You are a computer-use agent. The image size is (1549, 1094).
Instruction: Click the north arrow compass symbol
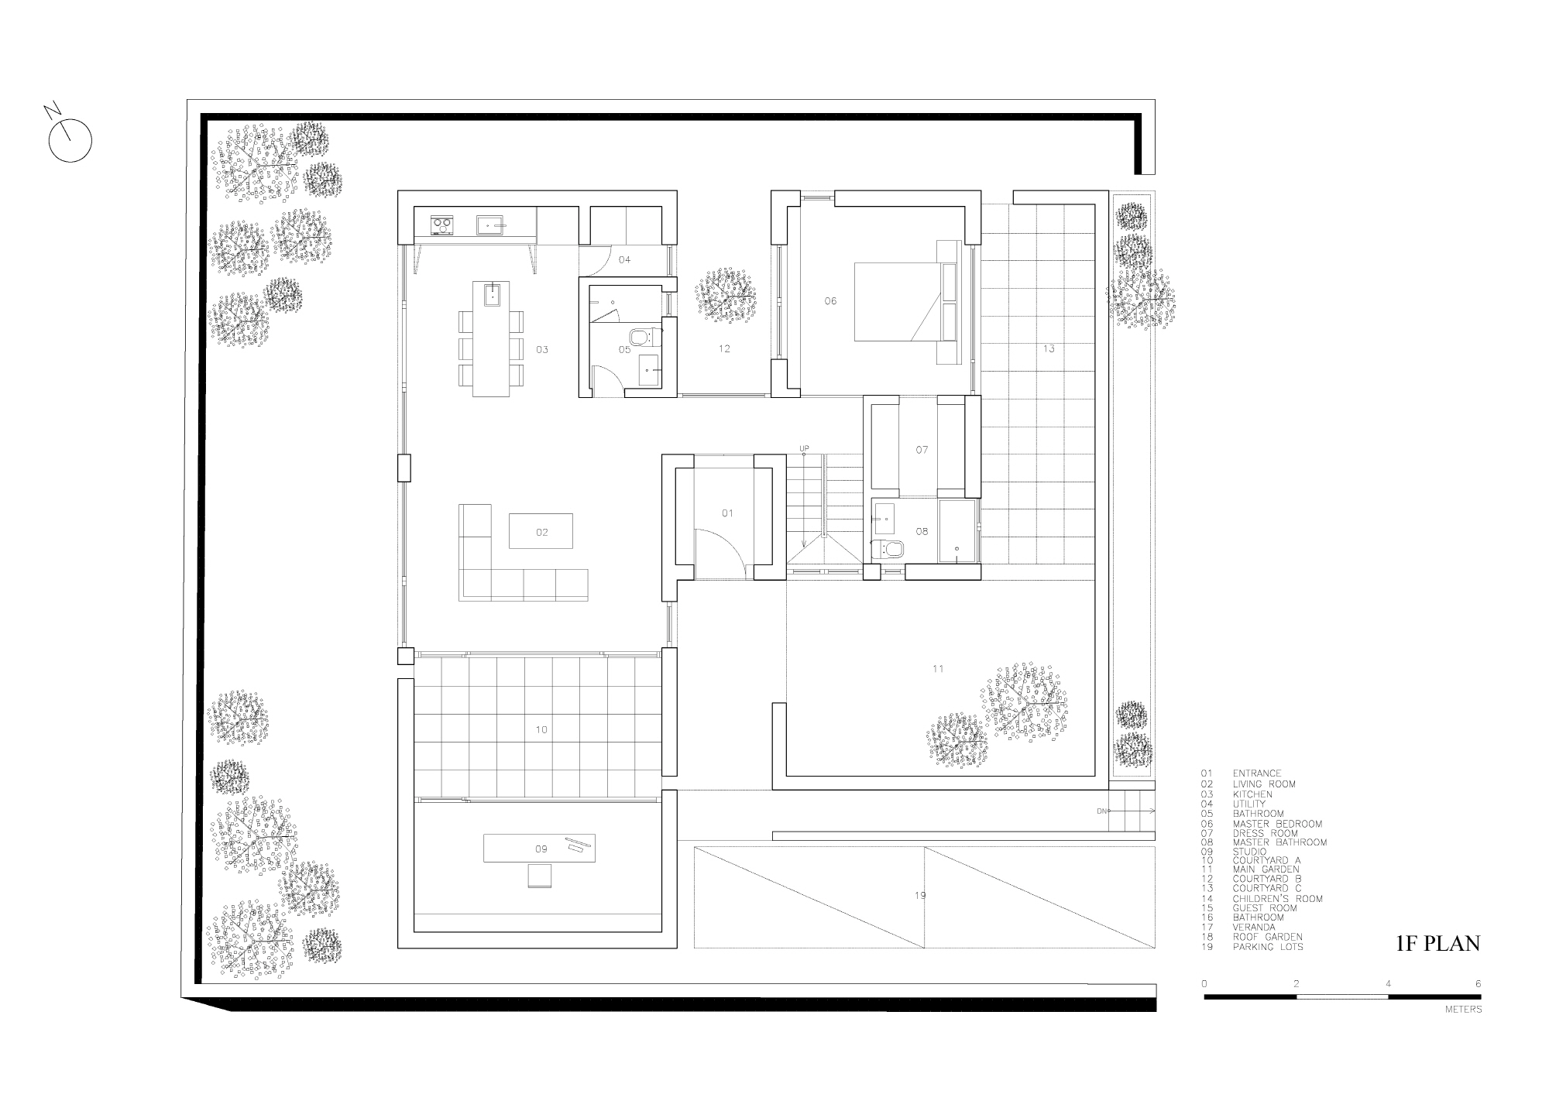70,142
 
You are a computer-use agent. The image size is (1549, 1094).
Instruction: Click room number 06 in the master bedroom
830,301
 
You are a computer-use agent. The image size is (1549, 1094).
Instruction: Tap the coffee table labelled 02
541,531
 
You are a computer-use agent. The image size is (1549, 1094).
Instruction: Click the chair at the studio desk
541,876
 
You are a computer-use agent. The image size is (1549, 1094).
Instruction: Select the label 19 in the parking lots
920,896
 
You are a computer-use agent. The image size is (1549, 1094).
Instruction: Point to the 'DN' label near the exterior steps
1101,811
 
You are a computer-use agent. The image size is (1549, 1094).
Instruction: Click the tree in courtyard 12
725,295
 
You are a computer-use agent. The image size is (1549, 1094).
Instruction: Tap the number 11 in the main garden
938,669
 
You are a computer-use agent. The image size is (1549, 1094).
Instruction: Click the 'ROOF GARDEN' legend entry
1268,937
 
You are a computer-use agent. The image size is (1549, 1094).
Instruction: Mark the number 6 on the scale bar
1478,983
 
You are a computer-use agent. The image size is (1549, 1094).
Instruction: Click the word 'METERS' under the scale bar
1463,1010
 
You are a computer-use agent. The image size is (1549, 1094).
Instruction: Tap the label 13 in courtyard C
1048,348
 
